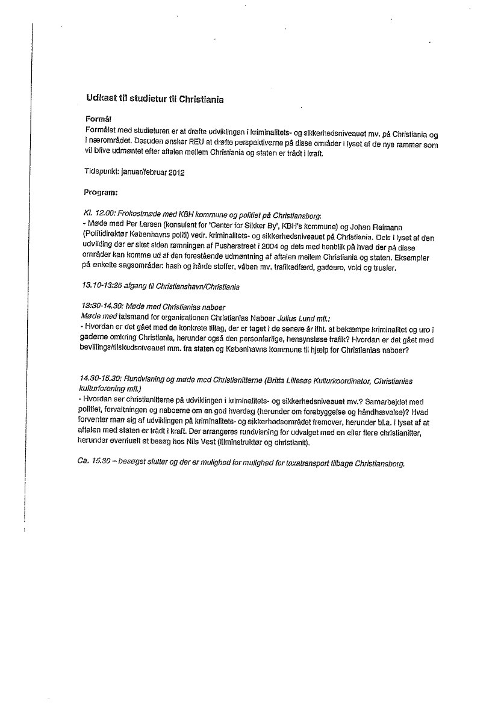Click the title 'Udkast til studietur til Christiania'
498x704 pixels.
(155, 99)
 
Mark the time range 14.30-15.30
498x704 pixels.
(100, 380)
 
